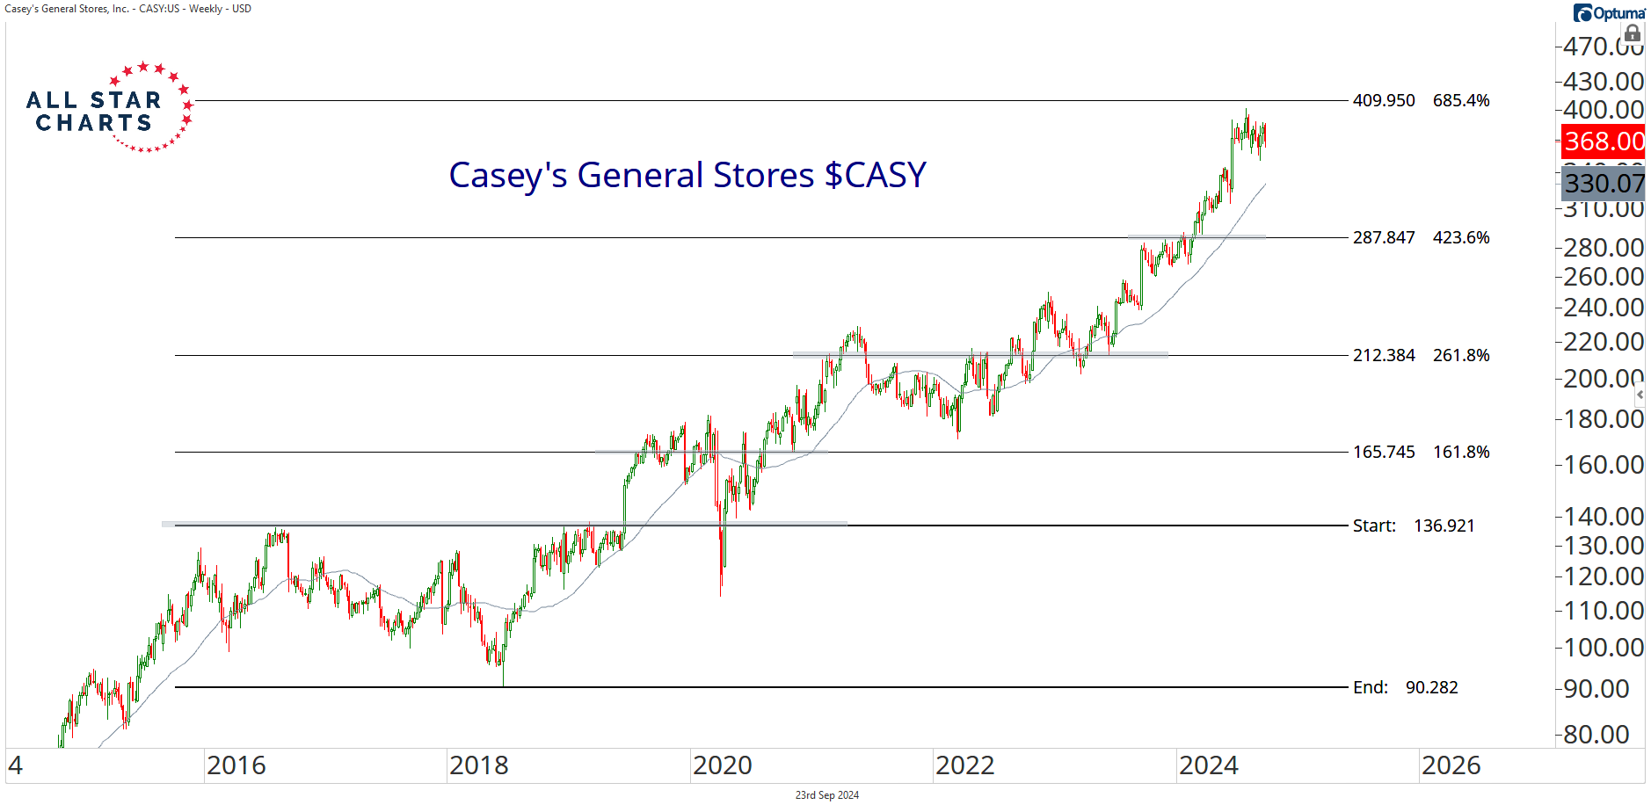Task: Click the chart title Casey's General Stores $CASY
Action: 687,175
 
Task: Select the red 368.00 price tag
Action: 1604,141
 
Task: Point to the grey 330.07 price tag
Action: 1604,183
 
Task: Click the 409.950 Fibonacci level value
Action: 1384,100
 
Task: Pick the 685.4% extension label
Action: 1461,100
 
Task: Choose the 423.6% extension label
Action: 1461,237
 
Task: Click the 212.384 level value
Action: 1384,355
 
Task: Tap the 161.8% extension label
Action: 1461,452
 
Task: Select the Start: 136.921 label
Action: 1413,526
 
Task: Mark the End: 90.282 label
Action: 1405,687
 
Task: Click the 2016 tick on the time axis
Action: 236,765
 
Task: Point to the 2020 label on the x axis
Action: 723,765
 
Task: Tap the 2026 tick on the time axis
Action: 1451,765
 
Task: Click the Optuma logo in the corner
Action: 1609,13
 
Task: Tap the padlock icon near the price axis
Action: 1633,34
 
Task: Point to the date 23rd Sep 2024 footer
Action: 827,795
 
